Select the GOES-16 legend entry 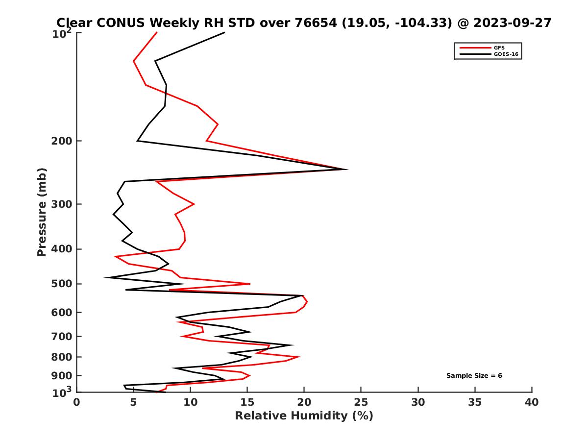pos(505,54)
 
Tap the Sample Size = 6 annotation pos(474,376)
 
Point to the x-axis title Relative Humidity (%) pos(304,416)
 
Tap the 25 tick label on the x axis pos(361,402)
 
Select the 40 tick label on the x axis pos(532,402)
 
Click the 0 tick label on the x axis pos(77,402)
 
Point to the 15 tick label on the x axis pos(247,402)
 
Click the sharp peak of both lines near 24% pos(347,170)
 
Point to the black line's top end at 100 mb pos(224,32)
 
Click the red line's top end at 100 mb pos(157,32)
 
